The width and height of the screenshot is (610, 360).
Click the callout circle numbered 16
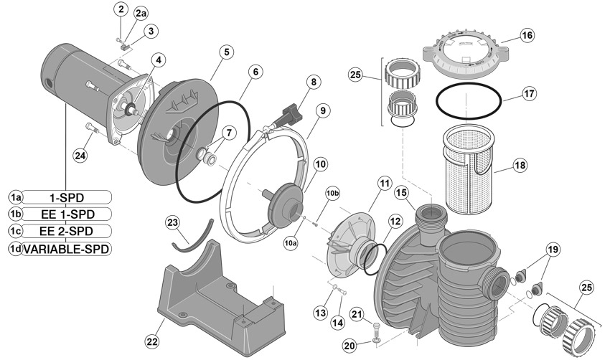527,35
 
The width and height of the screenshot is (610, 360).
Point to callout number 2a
141,14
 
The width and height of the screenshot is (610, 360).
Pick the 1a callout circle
16,196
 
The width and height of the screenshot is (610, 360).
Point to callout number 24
80,154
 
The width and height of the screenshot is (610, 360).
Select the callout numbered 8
313,82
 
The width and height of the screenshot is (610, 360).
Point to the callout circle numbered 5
226,52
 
